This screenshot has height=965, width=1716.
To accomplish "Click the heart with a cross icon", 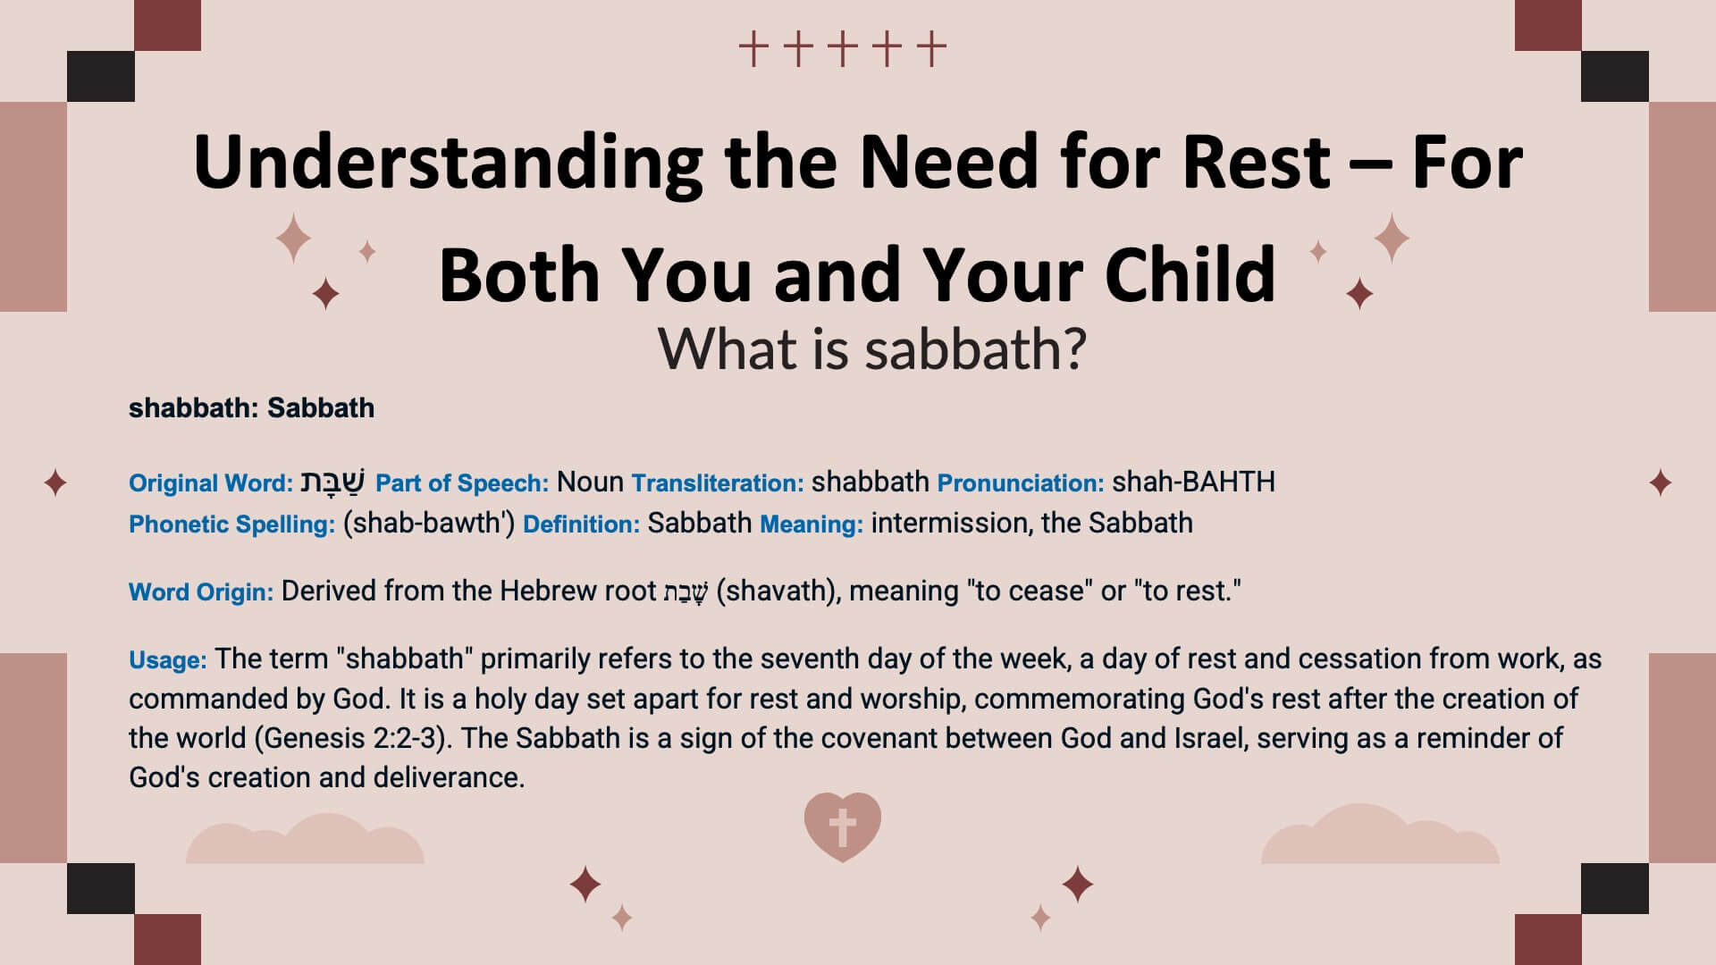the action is (x=842, y=827).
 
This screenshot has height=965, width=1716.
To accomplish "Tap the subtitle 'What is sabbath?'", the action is (x=872, y=348).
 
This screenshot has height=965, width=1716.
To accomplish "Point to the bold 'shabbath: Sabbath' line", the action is (x=251, y=407).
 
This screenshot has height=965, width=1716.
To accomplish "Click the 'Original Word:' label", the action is (x=211, y=483).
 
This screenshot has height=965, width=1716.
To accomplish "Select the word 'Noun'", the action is (x=590, y=482).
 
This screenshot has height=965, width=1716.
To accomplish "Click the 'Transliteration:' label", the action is (x=718, y=483).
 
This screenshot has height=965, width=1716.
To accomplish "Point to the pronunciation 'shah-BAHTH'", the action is (x=1193, y=482).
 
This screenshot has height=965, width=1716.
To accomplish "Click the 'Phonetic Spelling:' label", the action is (x=232, y=524).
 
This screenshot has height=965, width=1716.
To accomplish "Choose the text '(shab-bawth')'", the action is (x=429, y=524).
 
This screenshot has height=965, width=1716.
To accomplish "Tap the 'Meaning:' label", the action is (x=812, y=524).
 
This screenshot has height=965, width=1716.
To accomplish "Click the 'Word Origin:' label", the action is (x=201, y=592).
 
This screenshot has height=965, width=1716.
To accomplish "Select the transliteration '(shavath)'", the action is (x=778, y=592).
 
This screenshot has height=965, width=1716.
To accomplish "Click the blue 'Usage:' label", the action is (x=168, y=660).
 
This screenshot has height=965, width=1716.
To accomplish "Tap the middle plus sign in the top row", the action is (x=842, y=49).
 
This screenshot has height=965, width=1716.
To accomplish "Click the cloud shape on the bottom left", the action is (x=305, y=840).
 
